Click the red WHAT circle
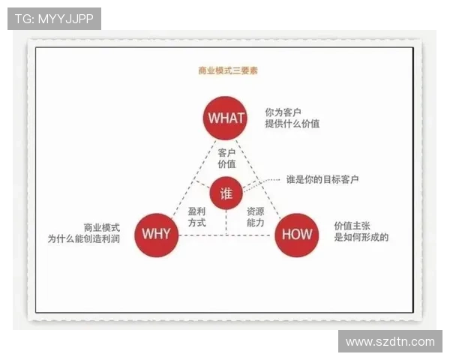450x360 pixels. tap(226, 118)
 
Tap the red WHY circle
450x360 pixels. tap(156, 233)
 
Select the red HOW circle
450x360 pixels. tap(296, 234)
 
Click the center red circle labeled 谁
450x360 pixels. tap(226, 193)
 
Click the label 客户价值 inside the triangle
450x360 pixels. tap(226, 157)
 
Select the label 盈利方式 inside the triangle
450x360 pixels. tap(196, 217)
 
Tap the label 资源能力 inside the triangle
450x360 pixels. tap(255, 217)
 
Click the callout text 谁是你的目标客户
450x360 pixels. tap(322, 180)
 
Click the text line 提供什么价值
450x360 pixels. tap(292, 124)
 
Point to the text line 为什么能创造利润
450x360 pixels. tap(83, 238)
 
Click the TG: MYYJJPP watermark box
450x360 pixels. tap(54, 19)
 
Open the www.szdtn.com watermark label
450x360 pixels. tap(389, 341)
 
